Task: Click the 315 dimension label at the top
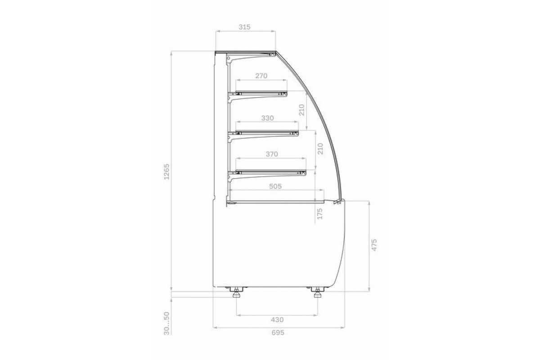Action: [244, 27]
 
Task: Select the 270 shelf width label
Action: [261, 76]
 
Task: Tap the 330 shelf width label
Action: [267, 118]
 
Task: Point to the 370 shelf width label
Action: [272, 154]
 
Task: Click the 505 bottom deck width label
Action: [275, 186]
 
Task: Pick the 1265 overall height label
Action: [166, 172]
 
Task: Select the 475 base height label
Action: [374, 245]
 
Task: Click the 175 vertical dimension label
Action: [319, 214]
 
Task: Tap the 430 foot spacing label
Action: [277, 320]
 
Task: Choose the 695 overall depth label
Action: [278, 333]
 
